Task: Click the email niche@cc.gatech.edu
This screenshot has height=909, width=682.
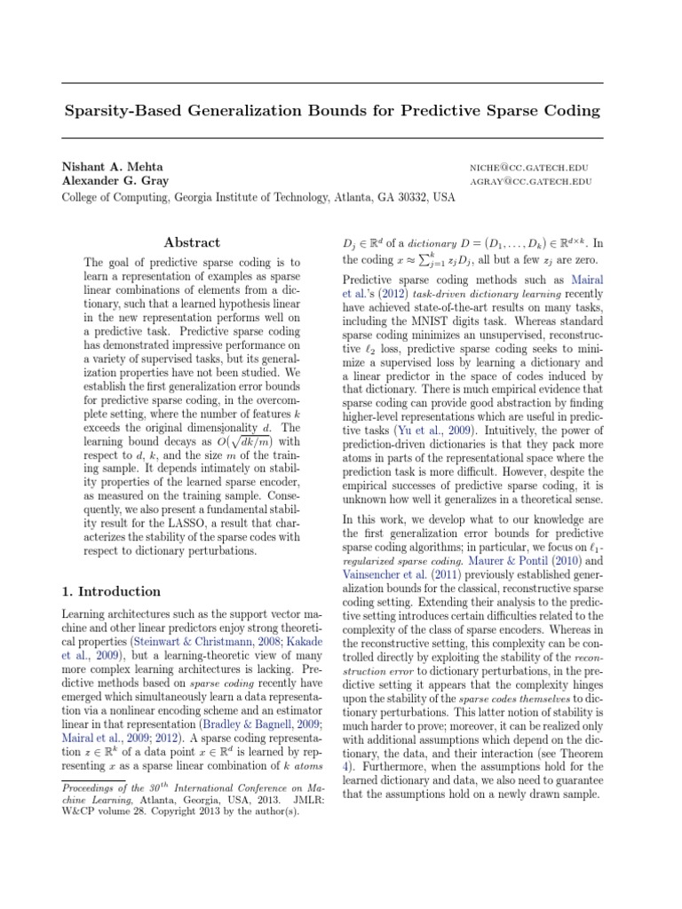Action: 530,168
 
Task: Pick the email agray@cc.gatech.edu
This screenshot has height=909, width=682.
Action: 530,182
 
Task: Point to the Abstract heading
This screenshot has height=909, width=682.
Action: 193,242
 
